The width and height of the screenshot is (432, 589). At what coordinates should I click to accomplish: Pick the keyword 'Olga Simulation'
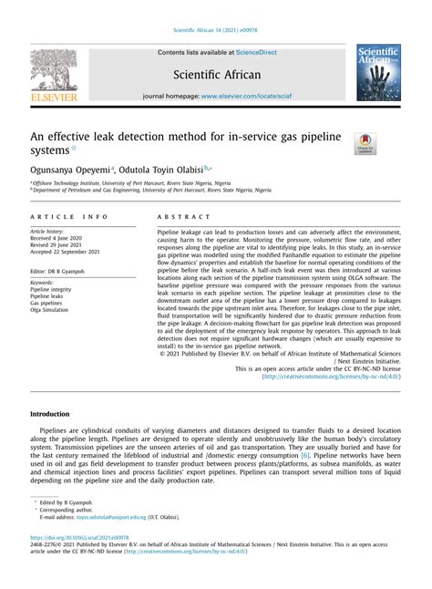pos(55,309)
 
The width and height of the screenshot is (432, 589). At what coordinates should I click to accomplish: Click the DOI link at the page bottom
pos(80,538)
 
